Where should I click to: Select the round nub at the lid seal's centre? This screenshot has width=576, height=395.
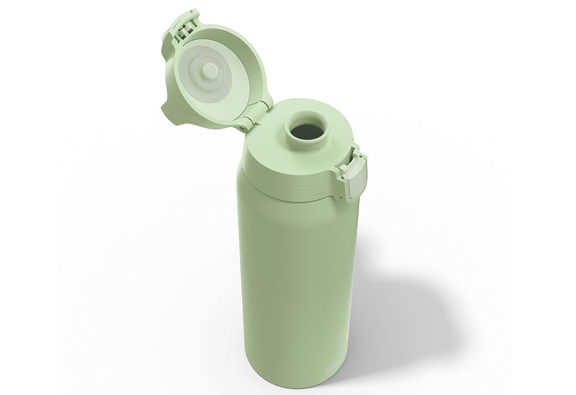click(210, 70)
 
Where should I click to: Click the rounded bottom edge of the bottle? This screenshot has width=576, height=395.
click(302, 385)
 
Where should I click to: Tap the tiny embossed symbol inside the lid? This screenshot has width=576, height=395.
click(229, 101)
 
